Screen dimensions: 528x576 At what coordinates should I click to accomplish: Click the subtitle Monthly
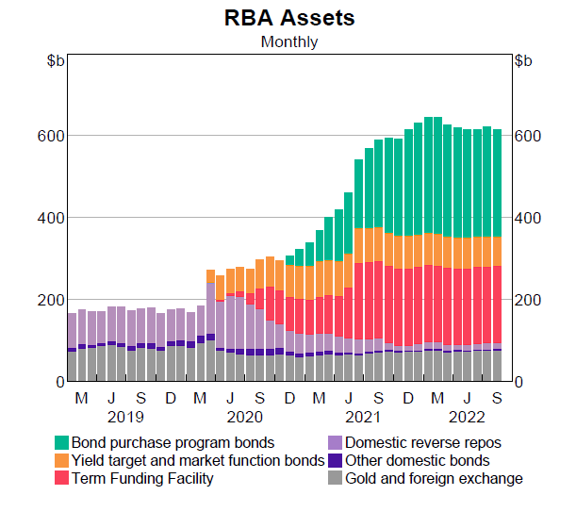pyautogui.click(x=289, y=41)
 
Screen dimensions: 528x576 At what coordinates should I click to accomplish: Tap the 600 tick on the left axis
pyautogui.click(x=50, y=136)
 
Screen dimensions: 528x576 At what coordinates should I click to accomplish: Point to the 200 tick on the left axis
pyautogui.click(x=50, y=300)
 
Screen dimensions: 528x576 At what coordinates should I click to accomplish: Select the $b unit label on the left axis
pyautogui.click(x=56, y=61)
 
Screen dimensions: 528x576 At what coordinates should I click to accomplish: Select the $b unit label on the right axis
pyautogui.click(x=523, y=61)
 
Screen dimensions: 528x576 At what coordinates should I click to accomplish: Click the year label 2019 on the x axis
pyautogui.click(x=125, y=416)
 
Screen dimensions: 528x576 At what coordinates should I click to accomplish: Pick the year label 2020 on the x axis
pyautogui.click(x=244, y=416)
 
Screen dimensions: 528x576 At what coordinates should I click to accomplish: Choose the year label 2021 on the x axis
pyautogui.click(x=363, y=416)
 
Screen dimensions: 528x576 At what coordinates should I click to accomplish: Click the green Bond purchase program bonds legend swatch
pyautogui.click(x=61, y=442)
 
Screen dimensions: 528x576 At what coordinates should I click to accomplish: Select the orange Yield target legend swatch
pyautogui.click(x=61, y=460)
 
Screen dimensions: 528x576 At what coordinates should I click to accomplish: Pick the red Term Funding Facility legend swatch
pyautogui.click(x=61, y=478)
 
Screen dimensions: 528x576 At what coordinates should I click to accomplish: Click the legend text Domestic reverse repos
pyautogui.click(x=423, y=442)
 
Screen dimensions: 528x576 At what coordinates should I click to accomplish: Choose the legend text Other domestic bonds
pyautogui.click(x=418, y=460)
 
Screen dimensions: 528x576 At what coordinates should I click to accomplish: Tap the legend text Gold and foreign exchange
pyautogui.click(x=434, y=478)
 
